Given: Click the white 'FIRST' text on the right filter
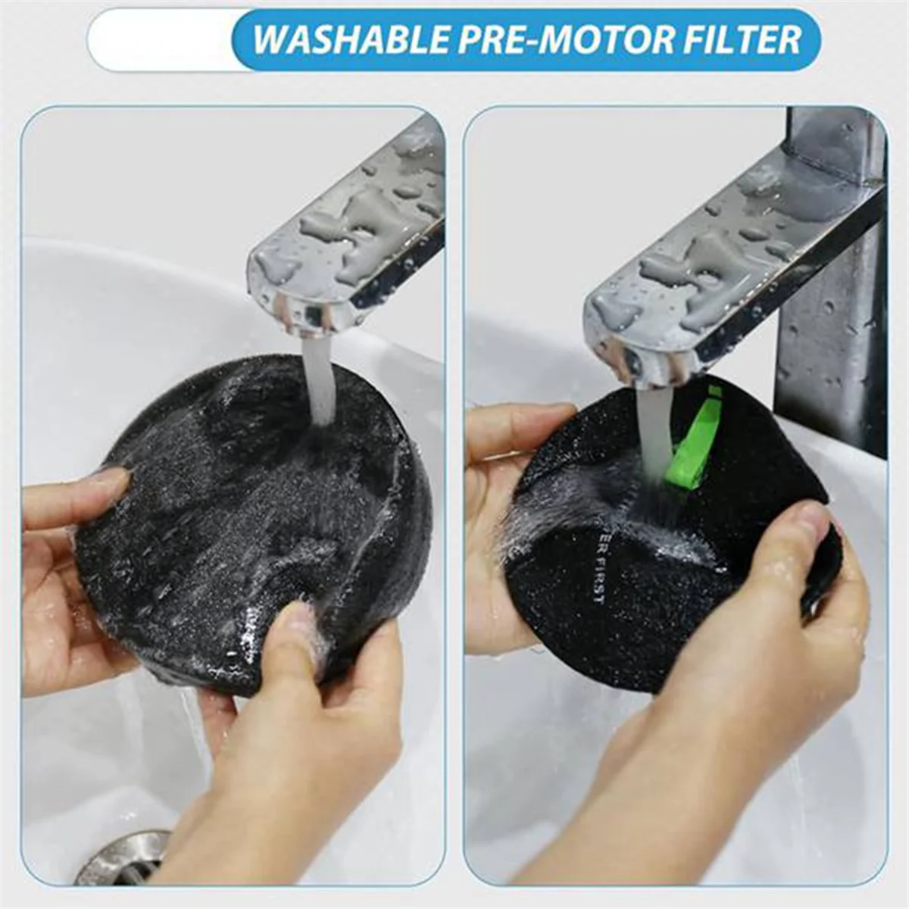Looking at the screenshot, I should pyautogui.click(x=599, y=576).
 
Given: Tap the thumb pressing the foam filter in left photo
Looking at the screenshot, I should pyautogui.click(x=303, y=621).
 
